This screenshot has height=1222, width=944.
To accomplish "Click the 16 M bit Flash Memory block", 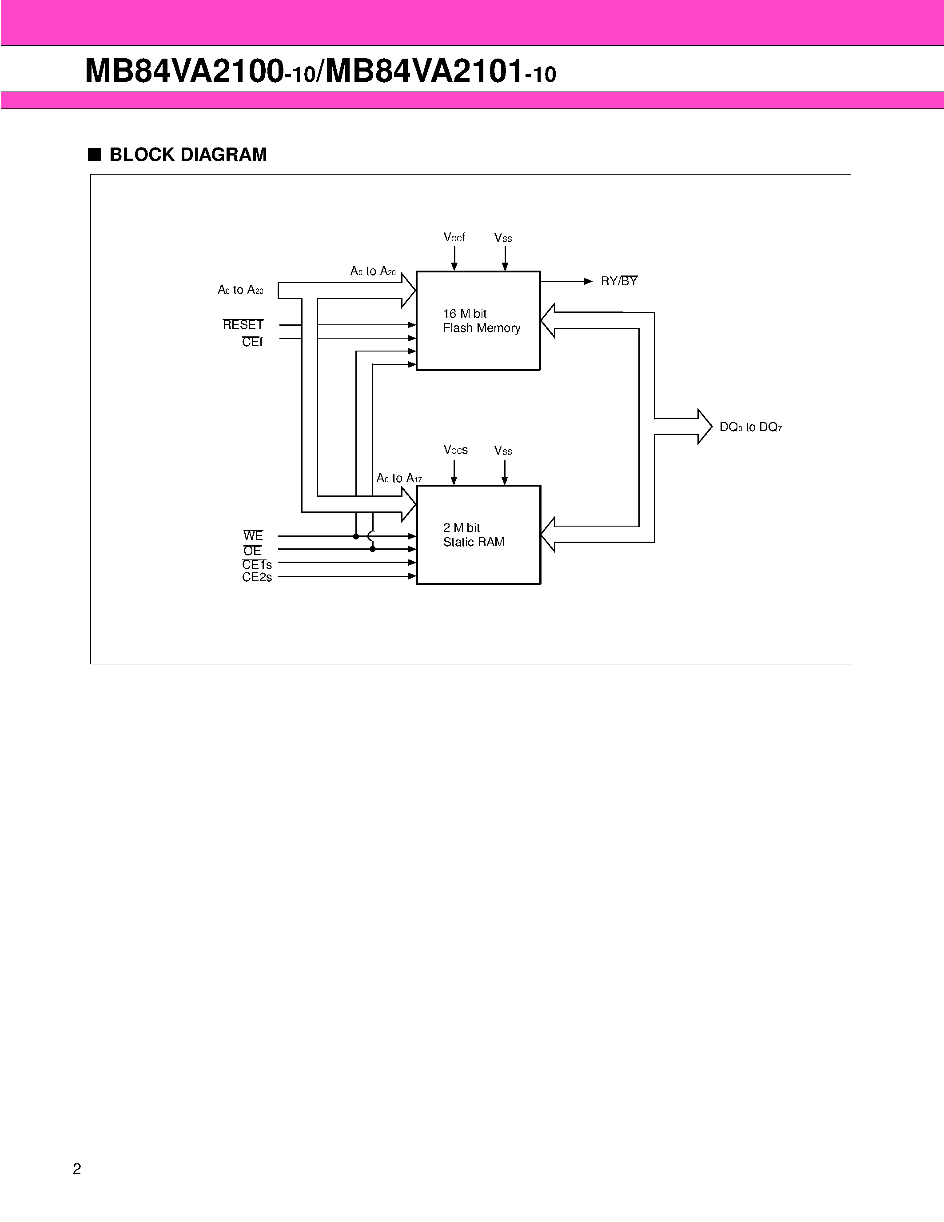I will coord(478,320).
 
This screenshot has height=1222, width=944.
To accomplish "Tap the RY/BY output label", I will coord(619,281).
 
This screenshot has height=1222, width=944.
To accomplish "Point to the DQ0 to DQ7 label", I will coord(750,427).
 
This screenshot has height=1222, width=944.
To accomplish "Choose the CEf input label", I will coord(252,342).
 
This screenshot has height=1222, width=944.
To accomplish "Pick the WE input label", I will coord(253,536).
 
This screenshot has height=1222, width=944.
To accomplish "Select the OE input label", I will coord(252,551).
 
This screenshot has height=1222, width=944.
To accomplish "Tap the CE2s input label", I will coord(257,577).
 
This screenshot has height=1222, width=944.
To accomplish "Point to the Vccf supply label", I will coord(454,237).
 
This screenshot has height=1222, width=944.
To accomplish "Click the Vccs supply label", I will coord(455,450).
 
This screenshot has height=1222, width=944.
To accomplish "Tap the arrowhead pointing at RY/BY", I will coord(588,281).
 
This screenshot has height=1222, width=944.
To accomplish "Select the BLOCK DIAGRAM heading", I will coord(188,155).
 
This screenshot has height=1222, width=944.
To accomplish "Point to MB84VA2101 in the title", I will coord(424,72).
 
